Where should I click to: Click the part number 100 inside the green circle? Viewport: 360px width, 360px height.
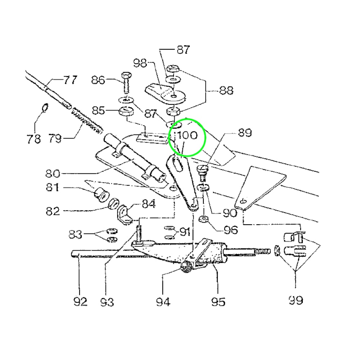coord(187,135)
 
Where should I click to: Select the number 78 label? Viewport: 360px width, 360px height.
coord(34,139)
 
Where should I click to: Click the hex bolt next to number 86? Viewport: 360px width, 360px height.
coord(126,83)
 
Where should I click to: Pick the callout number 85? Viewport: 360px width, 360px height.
coord(98,111)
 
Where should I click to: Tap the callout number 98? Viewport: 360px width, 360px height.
coord(140,63)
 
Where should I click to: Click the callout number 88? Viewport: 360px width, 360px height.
coord(226,90)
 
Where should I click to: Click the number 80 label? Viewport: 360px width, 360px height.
coord(53,174)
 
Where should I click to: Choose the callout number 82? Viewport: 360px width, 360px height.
coord(53,211)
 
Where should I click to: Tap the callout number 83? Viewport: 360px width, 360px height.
coord(75,234)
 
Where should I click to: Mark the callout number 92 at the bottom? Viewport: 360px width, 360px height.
coord(80,302)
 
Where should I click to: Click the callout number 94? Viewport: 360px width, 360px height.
coord(163,302)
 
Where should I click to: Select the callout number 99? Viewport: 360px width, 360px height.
coord(296,300)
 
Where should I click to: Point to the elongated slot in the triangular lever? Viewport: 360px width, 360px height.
coord(179,163)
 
